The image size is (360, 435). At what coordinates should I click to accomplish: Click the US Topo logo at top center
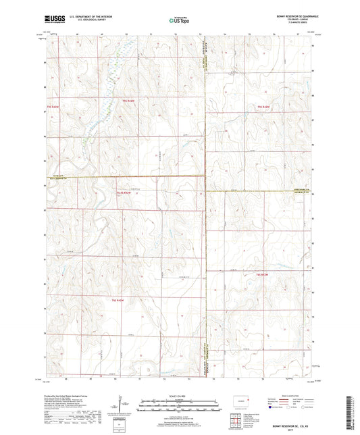[x=179, y=21]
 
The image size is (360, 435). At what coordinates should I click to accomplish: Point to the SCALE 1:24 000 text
[x=179, y=396]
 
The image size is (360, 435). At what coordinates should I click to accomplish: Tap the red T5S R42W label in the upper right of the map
[x=263, y=107]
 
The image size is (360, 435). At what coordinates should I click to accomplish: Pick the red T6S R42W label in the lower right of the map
[x=263, y=274]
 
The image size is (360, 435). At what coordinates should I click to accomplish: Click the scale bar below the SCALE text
[x=179, y=406]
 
